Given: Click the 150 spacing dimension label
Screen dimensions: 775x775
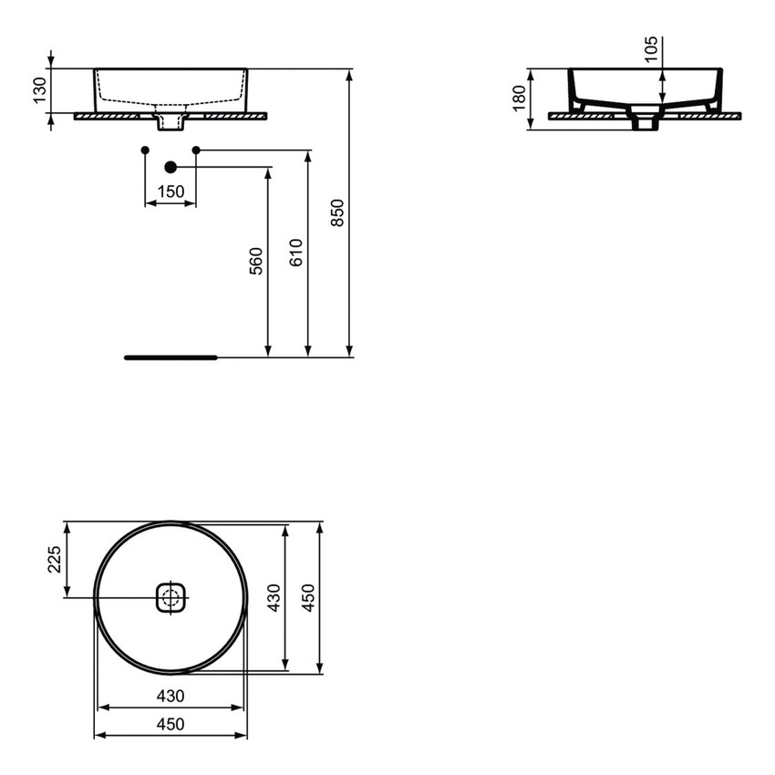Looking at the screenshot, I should tap(170, 191).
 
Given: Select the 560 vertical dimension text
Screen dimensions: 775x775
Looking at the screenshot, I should tap(256, 261).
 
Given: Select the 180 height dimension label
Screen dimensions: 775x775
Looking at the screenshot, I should tap(519, 98).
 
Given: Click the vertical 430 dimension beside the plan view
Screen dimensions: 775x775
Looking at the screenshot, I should tap(273, 598).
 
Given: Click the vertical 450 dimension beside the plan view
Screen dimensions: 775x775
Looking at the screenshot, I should tap(308, 598).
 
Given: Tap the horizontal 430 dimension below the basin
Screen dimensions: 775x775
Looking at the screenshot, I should tap(170, 696).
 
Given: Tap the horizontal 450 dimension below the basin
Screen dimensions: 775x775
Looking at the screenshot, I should tap(170, 724).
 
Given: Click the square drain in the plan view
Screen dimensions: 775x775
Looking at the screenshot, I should tap(170, 598).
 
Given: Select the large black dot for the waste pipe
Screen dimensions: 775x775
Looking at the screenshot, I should tap(170, 167).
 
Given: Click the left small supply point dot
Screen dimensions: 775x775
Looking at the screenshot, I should tap(146, 150).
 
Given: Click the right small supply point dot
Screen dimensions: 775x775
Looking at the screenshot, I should tap(195, 150).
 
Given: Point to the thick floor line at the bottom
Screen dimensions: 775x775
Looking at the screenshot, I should tap(170, 357).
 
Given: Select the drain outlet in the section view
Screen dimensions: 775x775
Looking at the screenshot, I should tap(646, 120).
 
